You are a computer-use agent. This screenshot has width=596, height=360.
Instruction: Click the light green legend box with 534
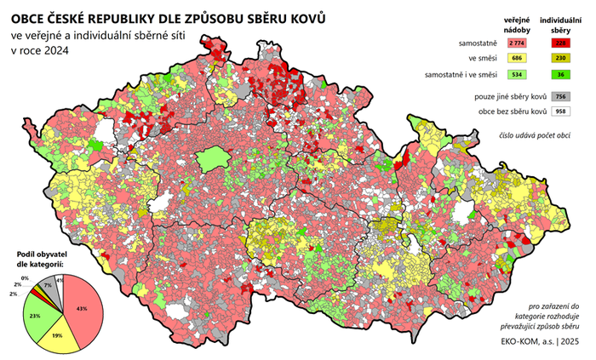[x=516, y=75]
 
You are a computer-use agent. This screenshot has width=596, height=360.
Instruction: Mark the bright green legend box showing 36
[x=560, y=75]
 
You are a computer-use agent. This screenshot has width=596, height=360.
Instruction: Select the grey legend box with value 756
[x=560, y=97]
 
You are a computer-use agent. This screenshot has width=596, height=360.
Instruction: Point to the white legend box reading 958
[x=560, y=112]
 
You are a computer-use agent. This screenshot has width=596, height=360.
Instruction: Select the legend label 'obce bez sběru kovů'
[x=501, y=112]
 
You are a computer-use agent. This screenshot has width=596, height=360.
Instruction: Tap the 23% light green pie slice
[x=38, y=316]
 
